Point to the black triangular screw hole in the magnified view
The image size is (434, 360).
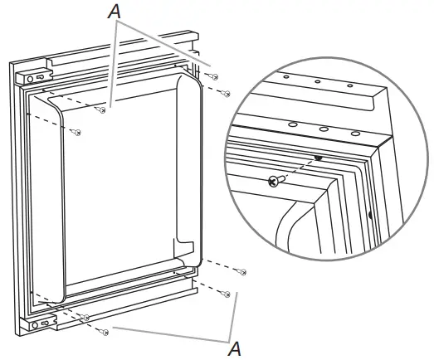tap(317, 158)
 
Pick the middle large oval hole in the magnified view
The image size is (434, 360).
tap(324, 129)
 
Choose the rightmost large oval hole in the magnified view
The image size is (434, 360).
tap(355, 134)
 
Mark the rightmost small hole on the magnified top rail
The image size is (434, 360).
tap(349, 85)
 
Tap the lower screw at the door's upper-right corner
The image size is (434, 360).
tap(226, 93)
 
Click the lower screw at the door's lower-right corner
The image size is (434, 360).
tap(224, 293)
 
